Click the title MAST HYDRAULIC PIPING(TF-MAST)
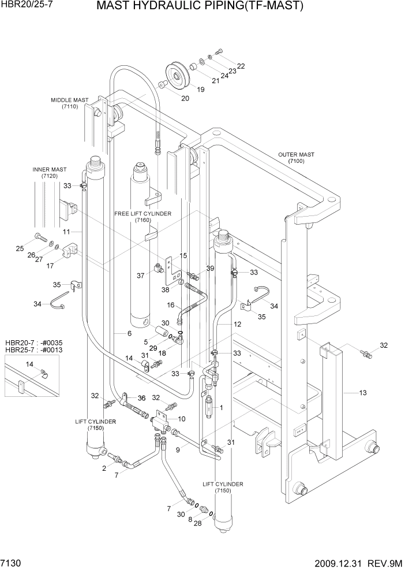coord(200,7)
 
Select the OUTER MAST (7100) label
coord(296,158)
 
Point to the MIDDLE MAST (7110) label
coord(69,103)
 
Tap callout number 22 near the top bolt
coord(241,66)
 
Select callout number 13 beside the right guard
coord(363,393)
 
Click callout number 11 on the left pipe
coord(66,232)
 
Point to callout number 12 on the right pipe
coord(237,325)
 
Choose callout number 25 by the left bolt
coord(20,248)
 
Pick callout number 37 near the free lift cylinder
coord(140,276)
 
